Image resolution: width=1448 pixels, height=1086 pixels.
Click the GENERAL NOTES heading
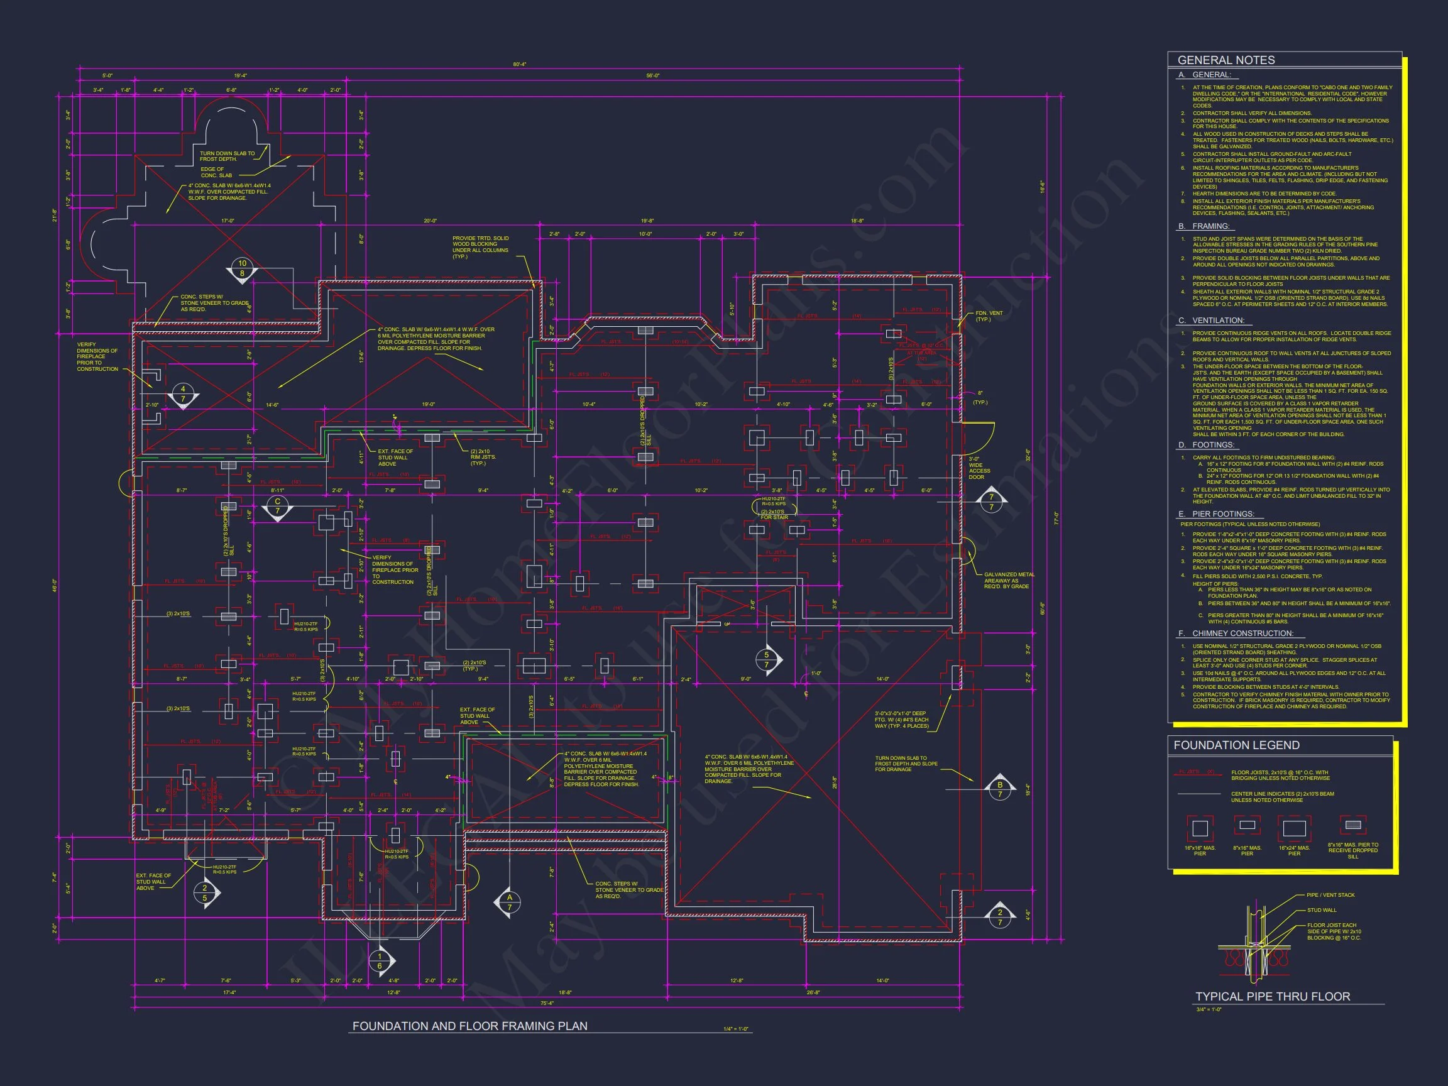pos(1226,60)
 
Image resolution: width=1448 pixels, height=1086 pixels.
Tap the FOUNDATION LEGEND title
pos(1236,745)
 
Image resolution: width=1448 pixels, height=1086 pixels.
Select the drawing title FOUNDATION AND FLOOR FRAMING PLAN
pos(469,1026)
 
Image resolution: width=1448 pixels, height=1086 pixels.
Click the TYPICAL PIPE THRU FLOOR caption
pos(1273,996)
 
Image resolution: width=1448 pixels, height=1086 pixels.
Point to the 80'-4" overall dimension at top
pos(519,64)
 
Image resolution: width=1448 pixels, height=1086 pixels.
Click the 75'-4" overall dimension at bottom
pos(547,1002)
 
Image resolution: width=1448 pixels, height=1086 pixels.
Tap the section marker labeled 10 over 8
pos(242,269)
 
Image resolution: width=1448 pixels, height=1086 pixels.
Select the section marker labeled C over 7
pos(278,507)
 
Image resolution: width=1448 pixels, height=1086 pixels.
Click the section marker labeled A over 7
pos(509,902)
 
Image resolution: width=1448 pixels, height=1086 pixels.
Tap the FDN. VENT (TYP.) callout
pos(989,316)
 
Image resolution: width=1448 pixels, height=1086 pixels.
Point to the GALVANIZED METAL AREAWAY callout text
pos(1009,581)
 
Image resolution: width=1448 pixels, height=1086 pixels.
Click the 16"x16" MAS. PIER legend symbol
pos(1199,828)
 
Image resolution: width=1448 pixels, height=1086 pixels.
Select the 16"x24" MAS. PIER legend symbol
pos(1293,828)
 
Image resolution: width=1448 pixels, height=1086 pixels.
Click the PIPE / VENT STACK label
pos(1330,895)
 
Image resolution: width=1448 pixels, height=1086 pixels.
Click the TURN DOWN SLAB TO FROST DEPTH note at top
pos(227,156)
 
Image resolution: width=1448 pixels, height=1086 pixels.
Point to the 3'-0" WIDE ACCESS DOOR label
pos(979,468)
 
